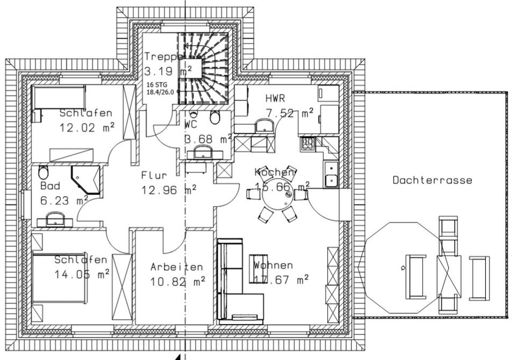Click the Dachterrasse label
[432, 181]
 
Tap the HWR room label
[275, 99]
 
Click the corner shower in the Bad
[86, 178]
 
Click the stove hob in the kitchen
[308, 143]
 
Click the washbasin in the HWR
[264, 126]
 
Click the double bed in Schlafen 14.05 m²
[59, 278]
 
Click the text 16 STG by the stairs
[156, 84]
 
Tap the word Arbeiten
[177, 267]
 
